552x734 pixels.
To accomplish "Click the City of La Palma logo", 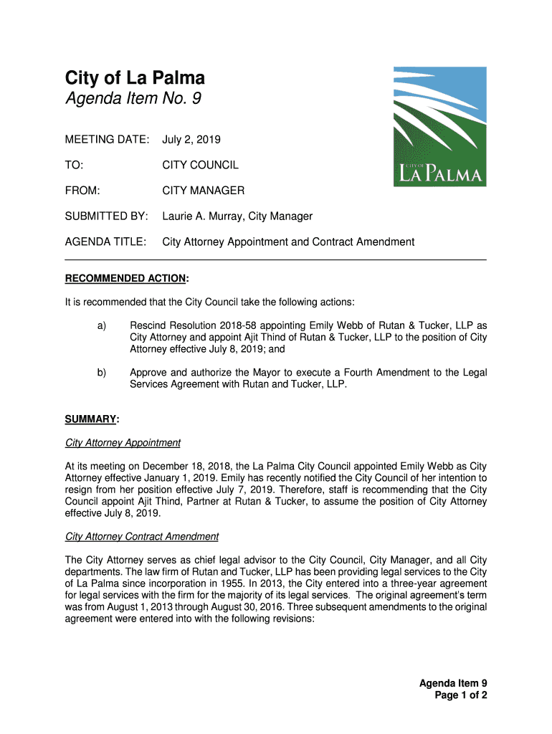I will [x=439, y=127].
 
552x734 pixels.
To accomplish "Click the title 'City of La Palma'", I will [x=135, y=78].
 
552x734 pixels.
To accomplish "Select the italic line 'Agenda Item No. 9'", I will [x=133, y=99].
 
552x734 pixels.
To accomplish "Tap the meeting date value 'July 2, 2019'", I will [x=191, y=139].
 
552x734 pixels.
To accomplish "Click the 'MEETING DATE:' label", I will [x=108, y=139].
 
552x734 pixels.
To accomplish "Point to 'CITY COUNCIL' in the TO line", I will [x=200, y=165].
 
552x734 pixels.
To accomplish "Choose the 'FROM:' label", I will [x=82, y=191].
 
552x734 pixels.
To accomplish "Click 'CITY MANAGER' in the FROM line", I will [x=204, y=191].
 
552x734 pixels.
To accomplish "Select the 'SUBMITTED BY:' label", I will [x=107, y=216].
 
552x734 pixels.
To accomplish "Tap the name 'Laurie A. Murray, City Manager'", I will [x=237, y=216].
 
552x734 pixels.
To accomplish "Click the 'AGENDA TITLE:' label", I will [x=106, y=242].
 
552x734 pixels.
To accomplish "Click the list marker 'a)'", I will [x=102, y=326].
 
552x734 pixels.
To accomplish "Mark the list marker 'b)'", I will [x=102, y=373].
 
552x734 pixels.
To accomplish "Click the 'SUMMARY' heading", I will [x=90, y=419].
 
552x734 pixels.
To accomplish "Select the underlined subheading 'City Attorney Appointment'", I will [x=123, y=442].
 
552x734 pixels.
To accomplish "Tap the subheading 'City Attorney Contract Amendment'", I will [x=141, y=536].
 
